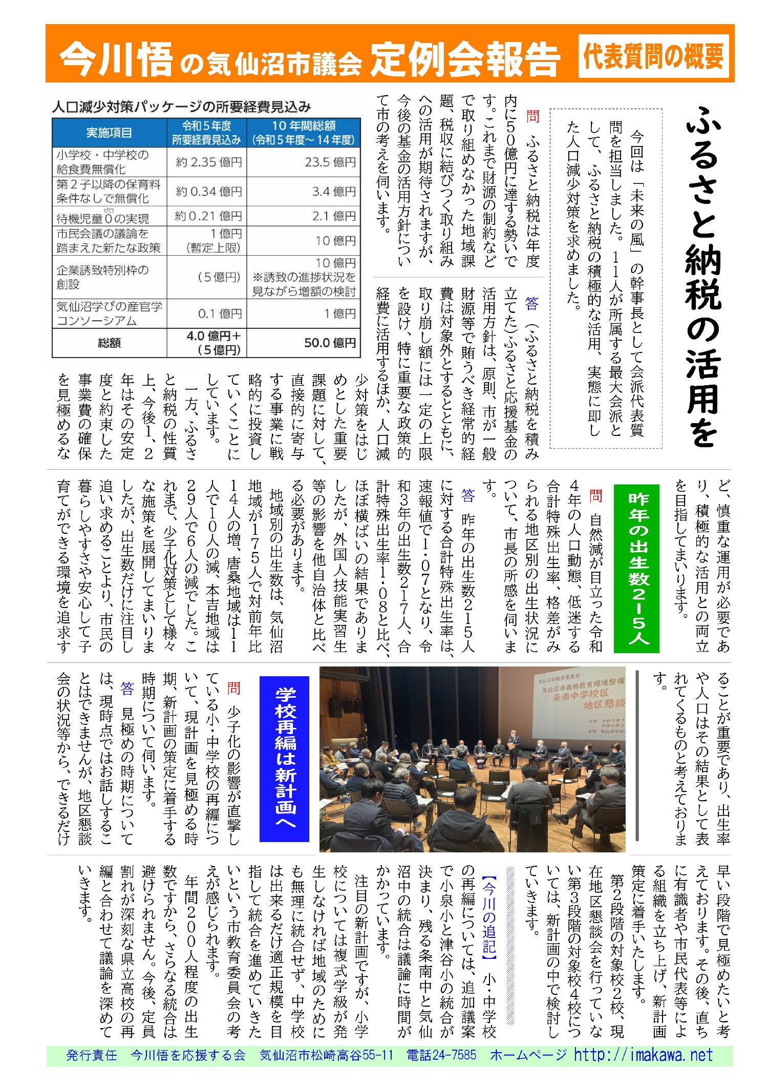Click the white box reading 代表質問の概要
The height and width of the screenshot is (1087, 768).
pos(653,56)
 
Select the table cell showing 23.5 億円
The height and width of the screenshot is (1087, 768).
pos(330,162)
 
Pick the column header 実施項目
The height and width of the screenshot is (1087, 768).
pos(109,133)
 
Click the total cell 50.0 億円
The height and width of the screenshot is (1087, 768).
pos(330,343)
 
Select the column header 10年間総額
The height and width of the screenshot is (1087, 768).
pos(304,133)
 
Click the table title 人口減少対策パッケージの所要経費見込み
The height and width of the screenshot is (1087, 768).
pos(182,107)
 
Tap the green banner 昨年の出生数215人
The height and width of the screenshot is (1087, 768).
pos(638,569)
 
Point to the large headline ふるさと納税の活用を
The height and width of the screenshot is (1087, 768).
pos(704,277)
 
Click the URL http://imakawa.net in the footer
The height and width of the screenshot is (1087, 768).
pos(643,1065)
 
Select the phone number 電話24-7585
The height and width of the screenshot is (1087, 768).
pos(441,1065)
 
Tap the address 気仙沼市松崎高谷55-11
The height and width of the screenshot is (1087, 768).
pos(326,1065)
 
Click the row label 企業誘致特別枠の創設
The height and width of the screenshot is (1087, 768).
pos(102,277)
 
